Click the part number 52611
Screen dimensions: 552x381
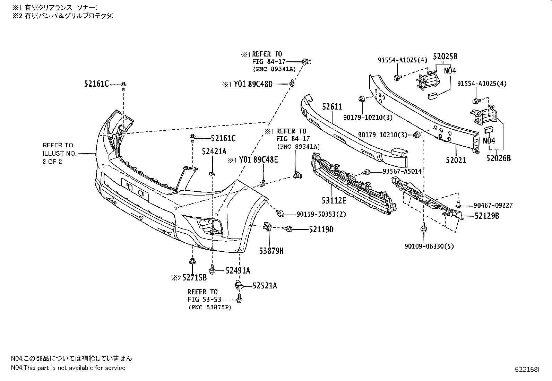click(x=332, y=107)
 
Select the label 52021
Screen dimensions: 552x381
click(x=456, y=161)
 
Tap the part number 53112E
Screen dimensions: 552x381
click(x=334, y=201)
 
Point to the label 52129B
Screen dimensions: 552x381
click(x=487, y=216)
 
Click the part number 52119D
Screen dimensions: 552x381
click(x=321, y=230)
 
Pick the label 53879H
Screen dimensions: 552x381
click(x=271, y=251)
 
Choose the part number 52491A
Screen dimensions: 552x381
click(x=238, y=271)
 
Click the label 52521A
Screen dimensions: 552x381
click(x=265, y=286)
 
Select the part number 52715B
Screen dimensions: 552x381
click(x=195, y=278)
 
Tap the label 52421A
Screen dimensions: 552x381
click(x=214, y=151)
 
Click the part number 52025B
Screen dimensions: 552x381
click(x=445, y=57)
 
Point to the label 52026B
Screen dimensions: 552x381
click(x=499, y=158)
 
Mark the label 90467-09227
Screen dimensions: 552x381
click(x=493, y=205)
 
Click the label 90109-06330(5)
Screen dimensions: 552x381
click(x=429, y=246)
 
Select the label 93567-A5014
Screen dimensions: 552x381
click(x=402, y=171)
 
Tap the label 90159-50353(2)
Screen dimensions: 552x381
click(x=321, y=214)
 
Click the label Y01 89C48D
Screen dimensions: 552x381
click(x=253, y=84)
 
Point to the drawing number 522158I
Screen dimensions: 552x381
click(x=527, y=370)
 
